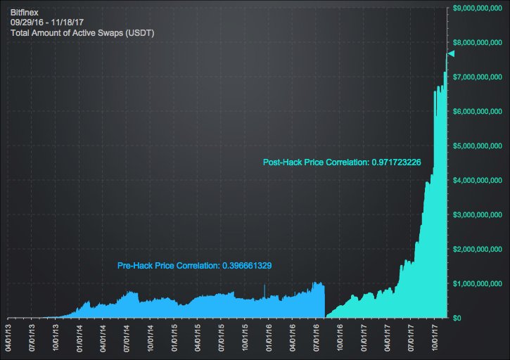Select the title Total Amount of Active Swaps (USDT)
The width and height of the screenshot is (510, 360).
coord(82,33)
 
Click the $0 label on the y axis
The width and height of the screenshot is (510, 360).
coord(457,318)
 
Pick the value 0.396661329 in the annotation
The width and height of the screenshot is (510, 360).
coord(247,266)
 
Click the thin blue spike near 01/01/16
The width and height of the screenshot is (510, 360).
coord(264,290)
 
